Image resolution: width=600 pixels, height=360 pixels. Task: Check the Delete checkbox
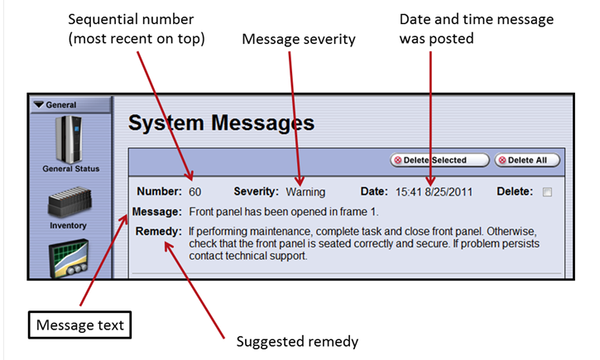(546, 192)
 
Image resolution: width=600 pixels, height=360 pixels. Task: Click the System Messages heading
(222, 123)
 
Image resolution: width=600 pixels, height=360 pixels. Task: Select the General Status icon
(70, 142)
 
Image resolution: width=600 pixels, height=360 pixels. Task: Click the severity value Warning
(305, 192)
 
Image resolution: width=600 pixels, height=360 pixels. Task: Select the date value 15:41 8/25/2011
(434, 192)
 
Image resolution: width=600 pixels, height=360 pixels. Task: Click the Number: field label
(159, 192)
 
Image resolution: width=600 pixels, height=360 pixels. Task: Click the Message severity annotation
(298, 39)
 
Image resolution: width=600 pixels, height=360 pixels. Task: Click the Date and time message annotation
(477, 28)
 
